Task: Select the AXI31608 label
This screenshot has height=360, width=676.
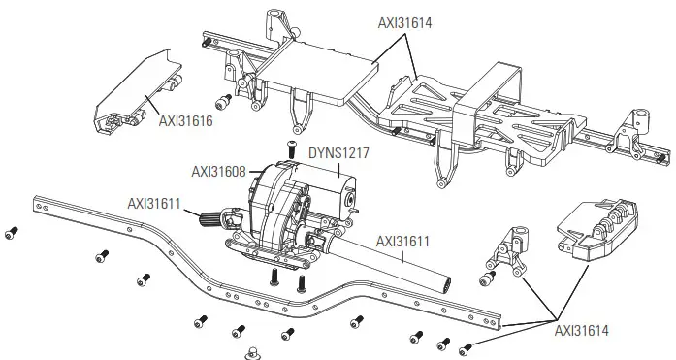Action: coord(220,171)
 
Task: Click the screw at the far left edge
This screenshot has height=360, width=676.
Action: coord(12,232)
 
